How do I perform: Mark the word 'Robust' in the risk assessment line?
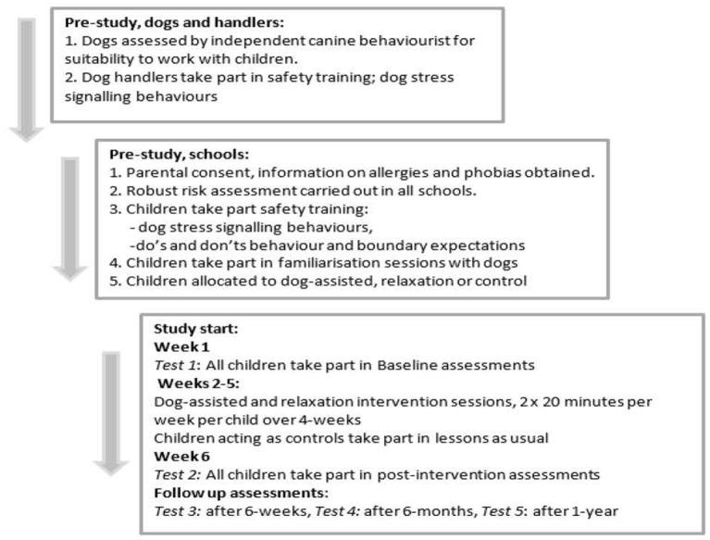click(148, 191)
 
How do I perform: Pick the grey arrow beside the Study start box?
click(112, 411)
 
